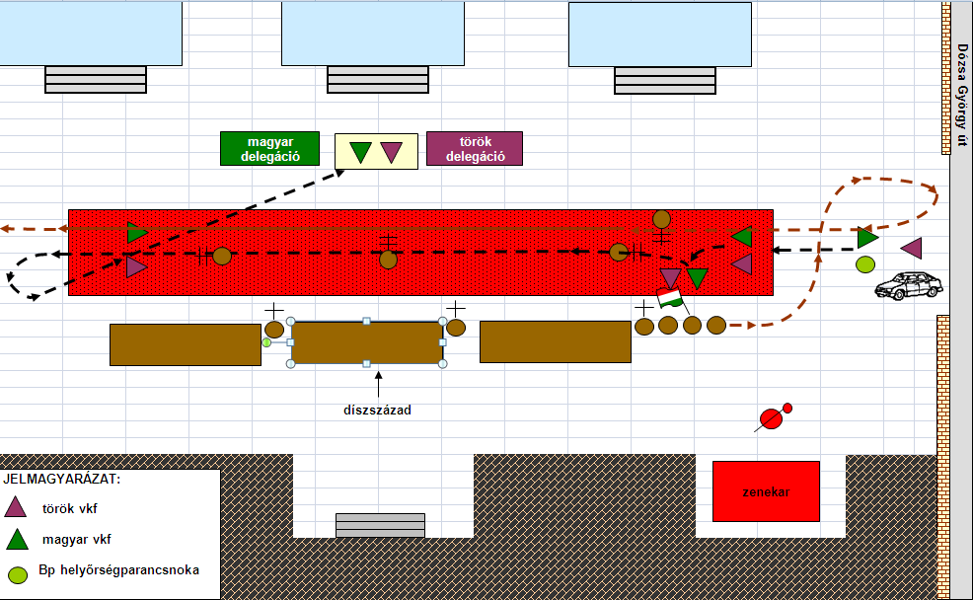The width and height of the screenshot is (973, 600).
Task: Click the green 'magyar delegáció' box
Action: (270, 148)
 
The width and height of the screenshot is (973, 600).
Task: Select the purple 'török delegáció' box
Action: (475, 148)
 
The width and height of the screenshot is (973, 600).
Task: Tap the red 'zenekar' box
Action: (766, 491)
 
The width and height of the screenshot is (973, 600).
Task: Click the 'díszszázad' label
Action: (377, 411)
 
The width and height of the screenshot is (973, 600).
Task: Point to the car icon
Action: (909, 285)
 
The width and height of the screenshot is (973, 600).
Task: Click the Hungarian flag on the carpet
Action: (670, 298)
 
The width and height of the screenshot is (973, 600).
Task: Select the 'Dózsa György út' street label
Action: (962, 95)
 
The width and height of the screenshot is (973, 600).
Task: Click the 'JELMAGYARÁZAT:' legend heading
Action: (62, 479)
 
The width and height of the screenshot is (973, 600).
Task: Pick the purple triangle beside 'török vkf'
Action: (16, 506)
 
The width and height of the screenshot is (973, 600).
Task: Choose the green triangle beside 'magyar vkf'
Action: (18, 540)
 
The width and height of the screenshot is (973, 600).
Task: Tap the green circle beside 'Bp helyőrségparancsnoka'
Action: (18, 574)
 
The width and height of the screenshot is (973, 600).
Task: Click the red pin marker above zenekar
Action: (774, 417)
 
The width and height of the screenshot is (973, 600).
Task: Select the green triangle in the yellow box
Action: (360, 151)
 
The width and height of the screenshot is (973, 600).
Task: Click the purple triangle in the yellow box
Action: (391, 151)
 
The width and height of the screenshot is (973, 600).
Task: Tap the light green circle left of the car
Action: (865, 264)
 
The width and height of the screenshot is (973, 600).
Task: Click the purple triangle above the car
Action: (912, 248)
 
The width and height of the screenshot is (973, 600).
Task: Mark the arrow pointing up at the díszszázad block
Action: (379, 384)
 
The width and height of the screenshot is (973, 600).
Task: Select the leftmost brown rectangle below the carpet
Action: (186, 345)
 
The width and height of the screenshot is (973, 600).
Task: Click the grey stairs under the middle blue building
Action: (378, 79)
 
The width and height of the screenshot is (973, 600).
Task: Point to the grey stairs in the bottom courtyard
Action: (380, 525)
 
